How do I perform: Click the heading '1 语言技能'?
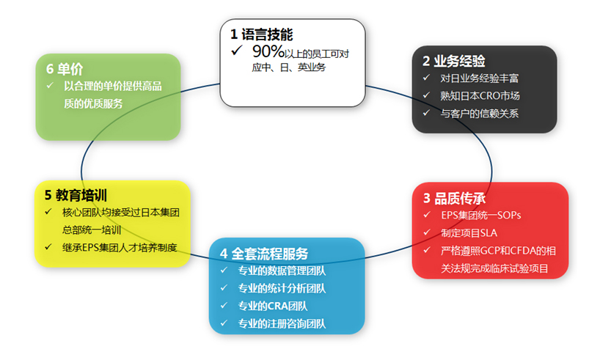click(x=261, y=34)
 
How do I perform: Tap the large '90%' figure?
click(x=268, y=51)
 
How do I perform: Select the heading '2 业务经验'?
click(x=454, y=61)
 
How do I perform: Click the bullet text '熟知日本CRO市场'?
click(x=480, y=95)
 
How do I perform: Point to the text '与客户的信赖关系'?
click(x=480, y=113)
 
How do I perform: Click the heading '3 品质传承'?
click(x=455, y=198)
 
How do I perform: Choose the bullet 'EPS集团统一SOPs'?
click(x=481, y=216)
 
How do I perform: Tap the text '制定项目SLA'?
click(x=469, y=233)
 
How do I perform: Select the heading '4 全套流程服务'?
click(x=264, y=254)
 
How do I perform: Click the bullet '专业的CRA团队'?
click(x=273, y=306)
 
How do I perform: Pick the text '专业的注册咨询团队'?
click(x=282, y=323)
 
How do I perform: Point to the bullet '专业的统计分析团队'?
click(x=282, y=288)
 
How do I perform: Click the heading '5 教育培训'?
click(x=76, y=195)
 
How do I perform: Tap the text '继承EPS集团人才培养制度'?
click(x=120, y=248)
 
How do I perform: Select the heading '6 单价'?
click(x=65, y=69)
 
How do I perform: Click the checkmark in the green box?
click(x=50, y=86)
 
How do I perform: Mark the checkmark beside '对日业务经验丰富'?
click(x=426, y=78)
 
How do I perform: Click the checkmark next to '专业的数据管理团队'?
click(x=224, y=270)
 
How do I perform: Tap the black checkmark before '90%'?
click(x=237, y=50)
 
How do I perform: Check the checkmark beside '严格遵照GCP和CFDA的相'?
click(x=427, y=250)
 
